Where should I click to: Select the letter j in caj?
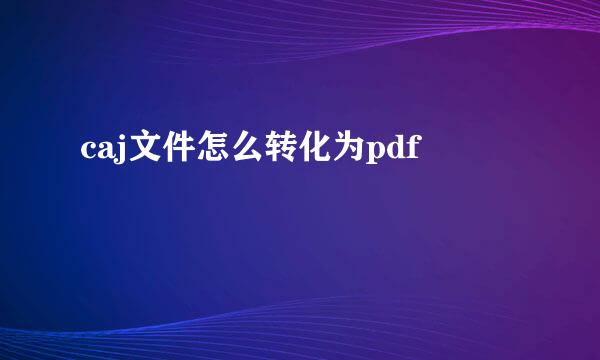(x=116, y=153)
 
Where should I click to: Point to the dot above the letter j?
(x=118, y=140)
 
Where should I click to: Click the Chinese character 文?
(x=138, y=150)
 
